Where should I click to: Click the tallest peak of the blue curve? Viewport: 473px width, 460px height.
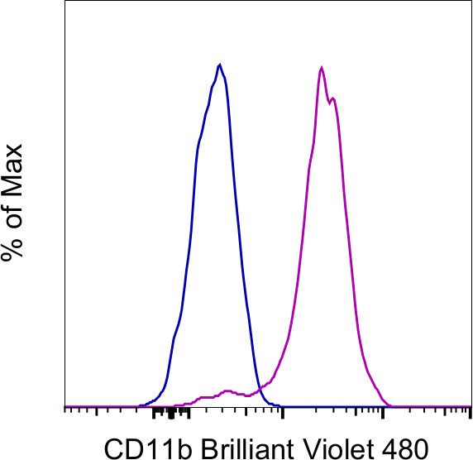coord(219,65)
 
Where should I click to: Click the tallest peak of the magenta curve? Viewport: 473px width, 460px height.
coord(321,67)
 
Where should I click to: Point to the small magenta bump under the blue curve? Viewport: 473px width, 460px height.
coord(227,390)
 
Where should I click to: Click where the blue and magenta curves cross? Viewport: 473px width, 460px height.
coord(260,388)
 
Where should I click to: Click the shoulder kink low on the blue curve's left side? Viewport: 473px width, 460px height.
coord(174,337)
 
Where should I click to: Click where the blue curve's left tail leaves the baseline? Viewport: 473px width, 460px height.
coord(142,405)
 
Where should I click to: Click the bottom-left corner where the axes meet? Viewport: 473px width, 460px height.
coord(64,406)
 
